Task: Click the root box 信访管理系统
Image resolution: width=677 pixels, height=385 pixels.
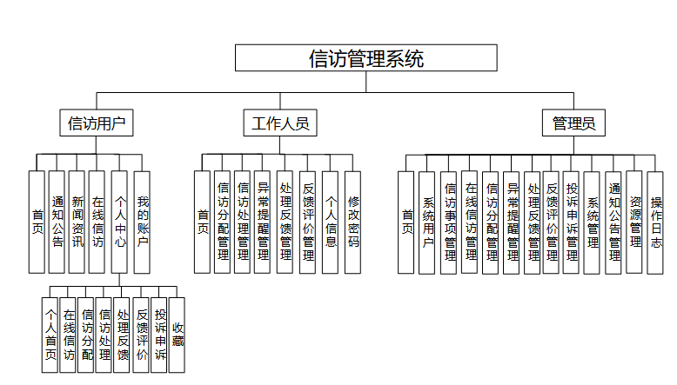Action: pos(366,58)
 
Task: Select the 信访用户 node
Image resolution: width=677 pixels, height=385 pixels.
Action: pos(97,123)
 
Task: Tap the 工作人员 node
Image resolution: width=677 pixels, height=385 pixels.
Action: pos(280,123)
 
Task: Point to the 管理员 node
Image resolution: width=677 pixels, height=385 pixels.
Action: pos(573,123)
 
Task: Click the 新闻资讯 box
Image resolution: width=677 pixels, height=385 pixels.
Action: pos(77,222)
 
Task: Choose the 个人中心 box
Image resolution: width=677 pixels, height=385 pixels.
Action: pos(120,222)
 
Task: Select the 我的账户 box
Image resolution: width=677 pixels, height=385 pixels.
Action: pos(142,222)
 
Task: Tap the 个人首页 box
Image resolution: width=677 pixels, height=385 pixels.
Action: pos(50,335)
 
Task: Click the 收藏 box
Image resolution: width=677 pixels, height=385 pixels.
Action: pos(177,335)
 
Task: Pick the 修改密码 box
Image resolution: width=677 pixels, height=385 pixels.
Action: pos(352,222)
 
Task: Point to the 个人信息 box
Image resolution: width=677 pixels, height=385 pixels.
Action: pos(331,222)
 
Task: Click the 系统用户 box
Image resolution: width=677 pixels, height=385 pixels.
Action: pos(427,222)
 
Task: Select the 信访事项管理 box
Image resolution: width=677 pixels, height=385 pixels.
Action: pos(449,222)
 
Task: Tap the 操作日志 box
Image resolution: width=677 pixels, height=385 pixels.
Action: pos(656,222)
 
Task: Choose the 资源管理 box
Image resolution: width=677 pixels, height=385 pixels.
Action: pos(635,222)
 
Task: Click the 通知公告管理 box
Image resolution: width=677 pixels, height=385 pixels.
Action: pos(614,222)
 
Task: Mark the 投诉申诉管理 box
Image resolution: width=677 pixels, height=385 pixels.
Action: pos(573,222)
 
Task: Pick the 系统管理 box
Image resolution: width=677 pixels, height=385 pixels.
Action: pos(593,222)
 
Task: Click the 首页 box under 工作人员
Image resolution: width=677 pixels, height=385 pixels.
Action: pos(203,222)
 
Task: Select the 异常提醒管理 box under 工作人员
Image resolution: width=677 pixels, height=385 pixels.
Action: pos(264,222)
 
